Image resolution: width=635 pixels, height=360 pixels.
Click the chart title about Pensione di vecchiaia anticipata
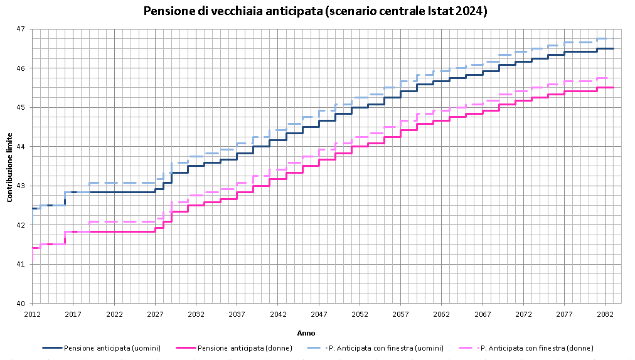pos(315,11)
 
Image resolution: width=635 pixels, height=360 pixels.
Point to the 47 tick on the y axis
pos(21,29)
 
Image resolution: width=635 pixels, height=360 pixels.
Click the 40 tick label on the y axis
pos(21,304)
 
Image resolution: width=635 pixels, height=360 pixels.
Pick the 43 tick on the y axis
pos(21,186)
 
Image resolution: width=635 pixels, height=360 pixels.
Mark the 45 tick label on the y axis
pos(21,107)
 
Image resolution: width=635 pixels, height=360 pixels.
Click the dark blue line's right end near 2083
pos(613,48)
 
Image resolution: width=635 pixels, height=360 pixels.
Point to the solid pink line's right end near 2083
pos(613,87)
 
